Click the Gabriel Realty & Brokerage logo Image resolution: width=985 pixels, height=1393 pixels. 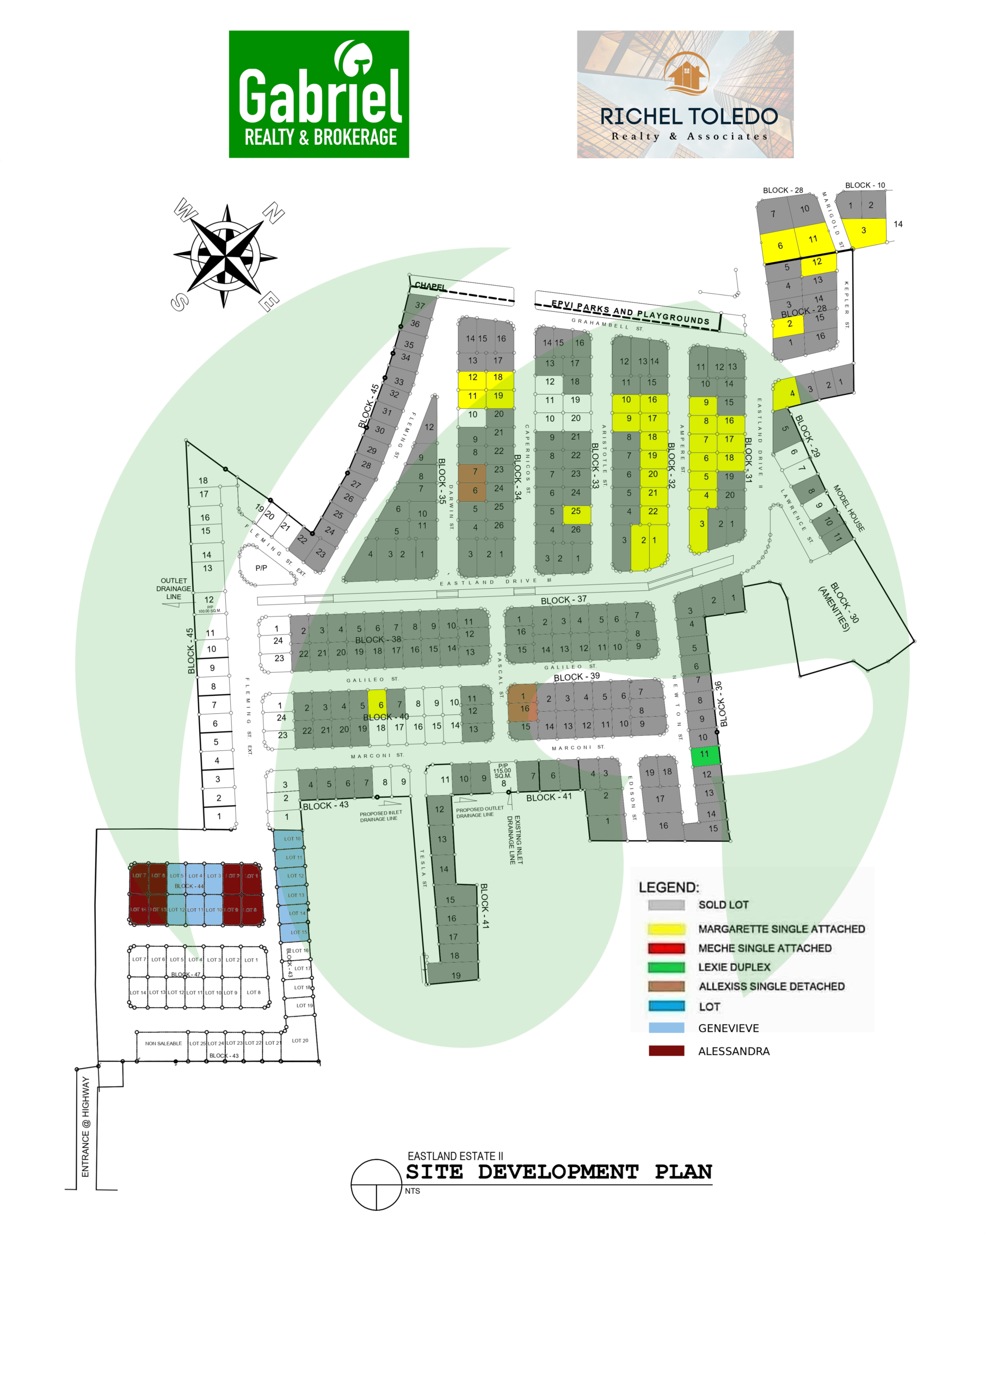(x=318, y=94)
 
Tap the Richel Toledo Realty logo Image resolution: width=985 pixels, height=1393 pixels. (x=685, y=94)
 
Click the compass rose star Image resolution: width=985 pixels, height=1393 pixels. (x=225, y=255)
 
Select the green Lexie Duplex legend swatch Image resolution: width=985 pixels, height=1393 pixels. (x=666, y=967)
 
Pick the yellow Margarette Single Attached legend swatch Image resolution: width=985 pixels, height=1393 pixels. (x=666, y=929)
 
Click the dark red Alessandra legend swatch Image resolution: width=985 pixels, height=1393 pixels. (x=666, y=1051)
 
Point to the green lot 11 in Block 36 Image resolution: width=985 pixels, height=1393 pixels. (x=705, y=755)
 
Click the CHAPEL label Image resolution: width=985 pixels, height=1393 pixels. (x=430, y=286)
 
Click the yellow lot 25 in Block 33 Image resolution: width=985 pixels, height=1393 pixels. (x=576, y=512)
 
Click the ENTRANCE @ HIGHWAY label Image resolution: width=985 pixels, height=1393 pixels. (x=85, y=1127)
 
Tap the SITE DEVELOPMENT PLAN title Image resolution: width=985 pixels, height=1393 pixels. (x=558, y=1172)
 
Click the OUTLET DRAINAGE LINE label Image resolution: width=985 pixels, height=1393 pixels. (x=174, y=589)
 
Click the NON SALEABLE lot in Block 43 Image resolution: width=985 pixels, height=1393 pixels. (x=163, y=1044)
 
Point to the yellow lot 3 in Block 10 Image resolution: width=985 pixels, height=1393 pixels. (x=864, y=231)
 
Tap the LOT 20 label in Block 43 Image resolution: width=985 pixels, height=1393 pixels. (x=300, y=1040)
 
